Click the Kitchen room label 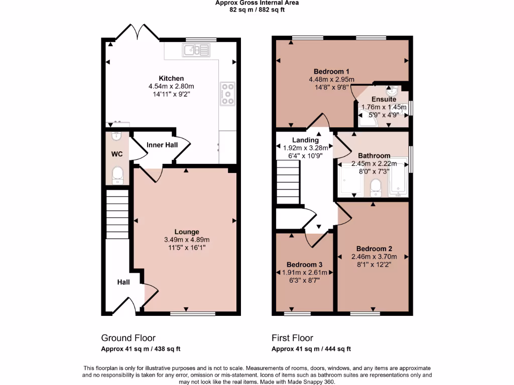pos(171,78)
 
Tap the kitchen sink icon pos(196,50)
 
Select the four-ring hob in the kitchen pos(227,93)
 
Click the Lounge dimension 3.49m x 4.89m pos(187,239)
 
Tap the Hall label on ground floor pos(123,282)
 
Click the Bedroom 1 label pos(331,71)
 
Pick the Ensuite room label pos(384,99)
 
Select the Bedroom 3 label pos(304,265)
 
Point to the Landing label pos(305,140)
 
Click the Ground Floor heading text pos(128,338)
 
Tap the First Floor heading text pos(292,338)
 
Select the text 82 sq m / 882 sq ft pos(257,10)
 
